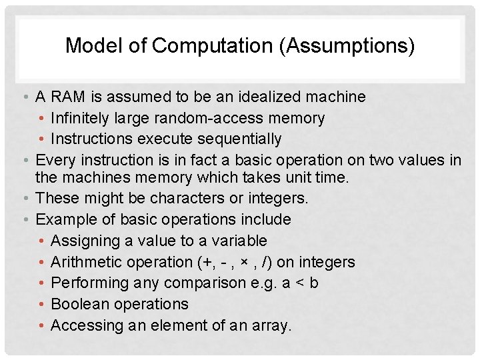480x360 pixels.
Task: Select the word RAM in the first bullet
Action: [x=68, y=97]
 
